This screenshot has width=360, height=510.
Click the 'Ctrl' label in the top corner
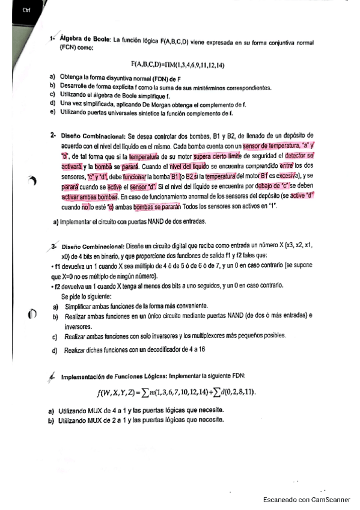tap(25, 10)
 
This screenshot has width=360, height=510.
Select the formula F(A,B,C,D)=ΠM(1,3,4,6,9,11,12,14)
tap(178, 64)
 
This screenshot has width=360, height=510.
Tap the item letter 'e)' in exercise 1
tap(53, 112)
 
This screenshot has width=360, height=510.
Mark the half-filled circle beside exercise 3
tap(32, 313)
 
